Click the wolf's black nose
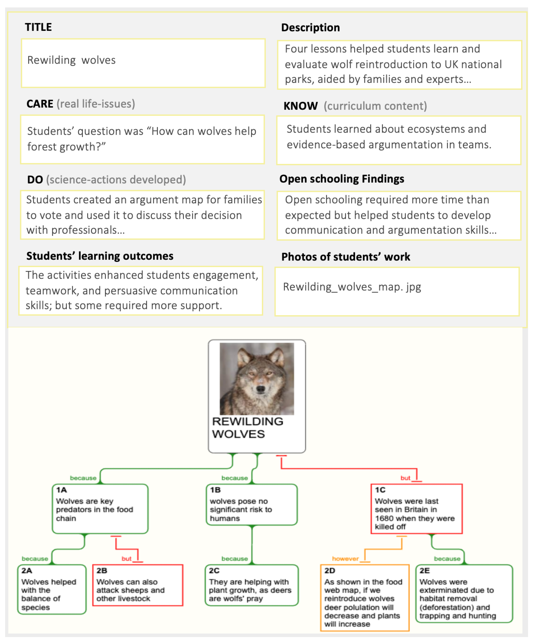coord(261,389)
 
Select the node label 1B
coord(215,490)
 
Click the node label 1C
coord(380,490)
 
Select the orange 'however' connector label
coord(345,559)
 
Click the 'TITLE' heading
coord(38,27)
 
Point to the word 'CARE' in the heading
coord(40,104)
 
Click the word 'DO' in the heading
coord(35,180)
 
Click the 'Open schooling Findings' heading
coord(342,179)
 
